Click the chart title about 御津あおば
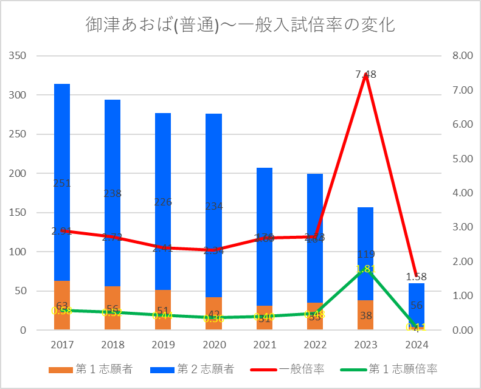tap(240, 25)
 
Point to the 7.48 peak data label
tap(366, 74)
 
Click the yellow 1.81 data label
tap(365, 269)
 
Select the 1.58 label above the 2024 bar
tap(416, 277)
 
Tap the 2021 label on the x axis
tap(264, 345)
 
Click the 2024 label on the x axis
tap(416, 345)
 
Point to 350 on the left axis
tap(19, 56)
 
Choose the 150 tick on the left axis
tap(19, 213)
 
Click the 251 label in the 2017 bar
tap(62, 183)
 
